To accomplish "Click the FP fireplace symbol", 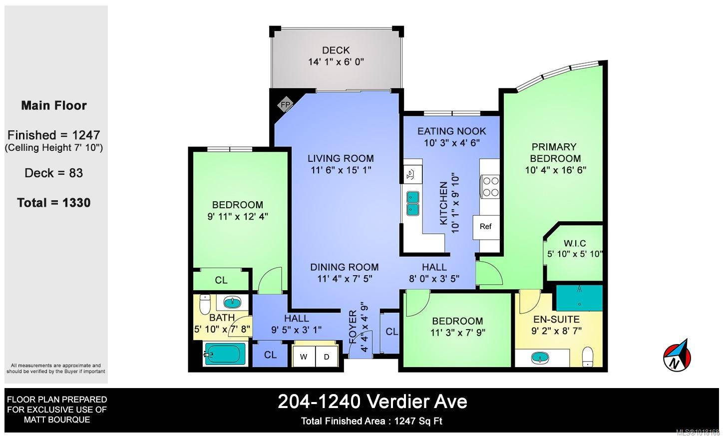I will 286,105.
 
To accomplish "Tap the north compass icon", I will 677,356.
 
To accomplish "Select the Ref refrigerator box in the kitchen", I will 485,226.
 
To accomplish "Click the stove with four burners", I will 490,186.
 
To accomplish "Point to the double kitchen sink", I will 413,203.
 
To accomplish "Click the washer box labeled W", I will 304,357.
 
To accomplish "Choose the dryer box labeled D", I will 327,357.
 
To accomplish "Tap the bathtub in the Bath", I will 225,354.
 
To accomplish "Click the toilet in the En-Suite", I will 588,356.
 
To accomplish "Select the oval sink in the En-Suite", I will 539,358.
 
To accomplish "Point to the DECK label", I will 336,50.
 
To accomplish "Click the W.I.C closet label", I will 575,243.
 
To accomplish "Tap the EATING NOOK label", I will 452,131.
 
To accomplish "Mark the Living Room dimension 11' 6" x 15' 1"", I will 341,170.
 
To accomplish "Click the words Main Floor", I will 54,105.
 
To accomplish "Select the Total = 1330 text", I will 54,202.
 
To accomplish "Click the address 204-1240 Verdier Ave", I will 372,402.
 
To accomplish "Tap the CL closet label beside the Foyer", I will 392,331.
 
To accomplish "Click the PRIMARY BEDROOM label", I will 555,152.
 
